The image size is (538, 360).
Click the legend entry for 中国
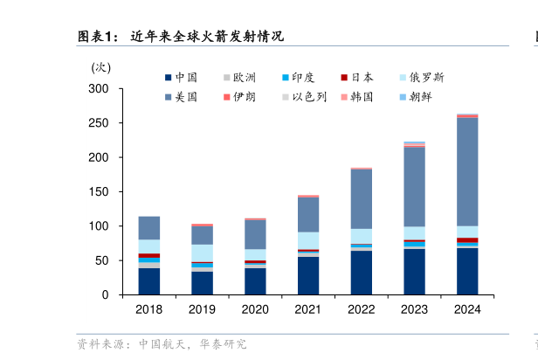click(x=181, y=77)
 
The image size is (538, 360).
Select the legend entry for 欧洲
click(x=239, y=77)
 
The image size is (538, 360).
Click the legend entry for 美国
click(x=181, y=97)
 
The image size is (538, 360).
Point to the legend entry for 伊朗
click(x=239, y=97)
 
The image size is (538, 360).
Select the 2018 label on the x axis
click(x=148, y=309)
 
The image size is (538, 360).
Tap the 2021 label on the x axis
click(x=307, y=309)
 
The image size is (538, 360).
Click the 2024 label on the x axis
click(x=467, y=309)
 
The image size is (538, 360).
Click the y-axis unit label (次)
click(x=101, y=66)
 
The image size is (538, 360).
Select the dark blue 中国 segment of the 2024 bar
click(x=467, y=271)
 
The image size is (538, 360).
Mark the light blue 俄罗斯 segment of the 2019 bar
click(x=202, y=253)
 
